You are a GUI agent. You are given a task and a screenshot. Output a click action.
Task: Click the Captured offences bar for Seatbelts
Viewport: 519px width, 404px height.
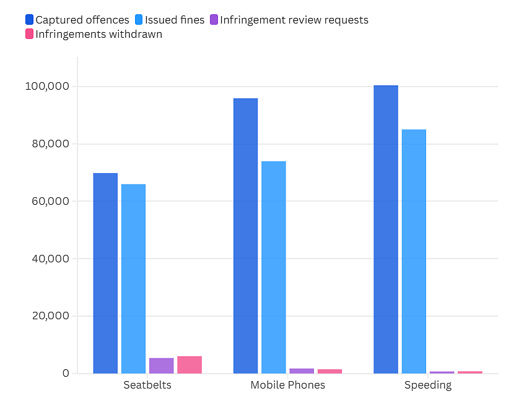point(105,273)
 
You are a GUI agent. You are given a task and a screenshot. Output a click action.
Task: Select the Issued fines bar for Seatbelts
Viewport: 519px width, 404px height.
point(133,279)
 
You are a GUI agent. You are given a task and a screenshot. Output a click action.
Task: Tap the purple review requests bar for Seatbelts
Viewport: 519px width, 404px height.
point(162,366)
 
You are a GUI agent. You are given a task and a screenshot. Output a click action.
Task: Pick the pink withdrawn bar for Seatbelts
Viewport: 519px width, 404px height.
point(190,365)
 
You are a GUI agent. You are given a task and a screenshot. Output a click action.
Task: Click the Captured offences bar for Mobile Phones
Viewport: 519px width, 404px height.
point(246,236)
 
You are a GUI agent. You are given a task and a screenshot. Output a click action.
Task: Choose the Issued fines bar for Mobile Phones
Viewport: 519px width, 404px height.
point(274,267)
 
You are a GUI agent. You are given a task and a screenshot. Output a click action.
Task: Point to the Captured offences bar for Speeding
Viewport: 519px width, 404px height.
point(386,230)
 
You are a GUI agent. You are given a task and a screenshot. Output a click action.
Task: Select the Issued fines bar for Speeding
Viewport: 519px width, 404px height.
point(414,252)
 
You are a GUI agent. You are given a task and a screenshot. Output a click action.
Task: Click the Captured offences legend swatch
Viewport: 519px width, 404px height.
point(30,20)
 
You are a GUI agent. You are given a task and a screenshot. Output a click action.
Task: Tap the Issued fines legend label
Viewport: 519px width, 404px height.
point(175,20)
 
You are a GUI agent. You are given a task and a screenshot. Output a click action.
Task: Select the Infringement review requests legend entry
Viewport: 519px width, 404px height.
point(289,20)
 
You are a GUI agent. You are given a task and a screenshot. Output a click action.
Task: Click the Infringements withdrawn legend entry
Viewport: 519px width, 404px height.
point(94,34)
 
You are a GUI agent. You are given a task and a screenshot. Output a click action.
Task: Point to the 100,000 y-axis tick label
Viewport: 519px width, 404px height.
point(47,86)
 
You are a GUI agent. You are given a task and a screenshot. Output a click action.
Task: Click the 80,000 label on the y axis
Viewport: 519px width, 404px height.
point(51,144)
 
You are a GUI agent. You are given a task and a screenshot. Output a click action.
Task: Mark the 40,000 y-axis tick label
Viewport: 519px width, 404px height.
point(51,259)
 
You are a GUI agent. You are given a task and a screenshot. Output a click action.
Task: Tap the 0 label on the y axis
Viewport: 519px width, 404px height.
point(66,373)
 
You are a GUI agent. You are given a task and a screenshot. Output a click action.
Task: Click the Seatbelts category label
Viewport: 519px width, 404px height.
point(147,385)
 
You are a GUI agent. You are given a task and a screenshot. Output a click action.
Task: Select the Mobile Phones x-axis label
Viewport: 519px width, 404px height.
point(288,385)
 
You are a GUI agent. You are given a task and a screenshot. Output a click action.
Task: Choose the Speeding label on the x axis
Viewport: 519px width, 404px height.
point(428,385)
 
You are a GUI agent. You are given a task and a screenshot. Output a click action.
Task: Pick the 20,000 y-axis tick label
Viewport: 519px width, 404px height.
point(51,316)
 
